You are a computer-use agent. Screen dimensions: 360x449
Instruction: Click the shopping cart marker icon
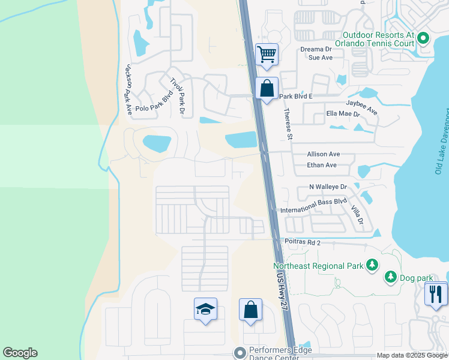click(267, 55)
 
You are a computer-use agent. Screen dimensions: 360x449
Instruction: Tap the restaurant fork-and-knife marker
click(436, 294)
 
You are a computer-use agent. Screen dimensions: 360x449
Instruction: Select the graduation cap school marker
click(205, 310)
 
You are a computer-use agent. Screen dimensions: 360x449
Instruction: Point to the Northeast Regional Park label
click(319, 265)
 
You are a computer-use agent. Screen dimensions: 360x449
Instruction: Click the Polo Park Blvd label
click(154, 101)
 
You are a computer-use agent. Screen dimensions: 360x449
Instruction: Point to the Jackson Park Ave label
click(128, 89)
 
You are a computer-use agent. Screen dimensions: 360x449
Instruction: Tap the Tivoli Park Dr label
click(178, 96)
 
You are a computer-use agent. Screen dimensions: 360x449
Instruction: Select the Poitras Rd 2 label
click(303, 242)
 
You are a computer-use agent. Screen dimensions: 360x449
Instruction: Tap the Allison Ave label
click(324, 154)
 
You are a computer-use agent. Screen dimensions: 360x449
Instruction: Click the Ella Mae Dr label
click(343, 113)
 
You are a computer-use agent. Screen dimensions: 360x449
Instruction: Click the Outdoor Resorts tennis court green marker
click(423, 40)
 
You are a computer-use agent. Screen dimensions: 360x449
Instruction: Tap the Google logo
click(20, 353)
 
